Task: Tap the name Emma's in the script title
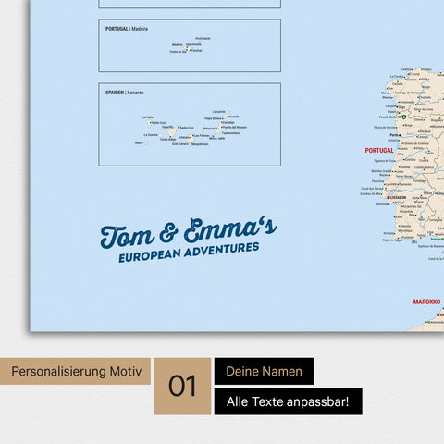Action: [232, 230]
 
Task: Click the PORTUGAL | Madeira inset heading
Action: [126, 29]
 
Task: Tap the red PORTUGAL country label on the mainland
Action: [379, 149]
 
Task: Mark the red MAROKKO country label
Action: [425, 301]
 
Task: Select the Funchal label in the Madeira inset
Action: [195, 51]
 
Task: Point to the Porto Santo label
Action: [203, 38]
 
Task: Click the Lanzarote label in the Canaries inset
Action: [219, 112]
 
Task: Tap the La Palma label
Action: [149, 117]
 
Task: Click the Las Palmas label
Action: [202, 135]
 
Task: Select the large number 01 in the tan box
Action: [183, 386]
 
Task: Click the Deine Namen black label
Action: [264, 371]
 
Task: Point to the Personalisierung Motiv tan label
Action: [76, 372]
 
